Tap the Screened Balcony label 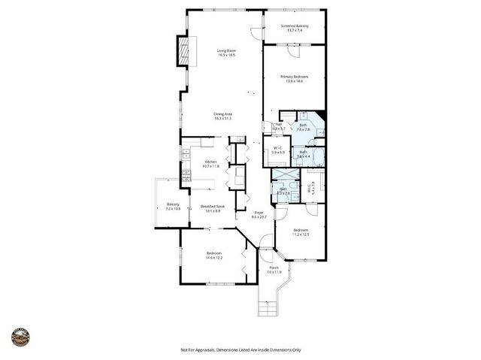[x=294, y=29]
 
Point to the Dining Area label [x=222, y=116]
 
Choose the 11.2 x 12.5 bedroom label [x=301, y=232]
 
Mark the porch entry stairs [x=269, y=306]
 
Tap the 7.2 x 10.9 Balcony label [x=173, y=207]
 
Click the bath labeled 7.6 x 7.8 [x=303, y=127]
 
